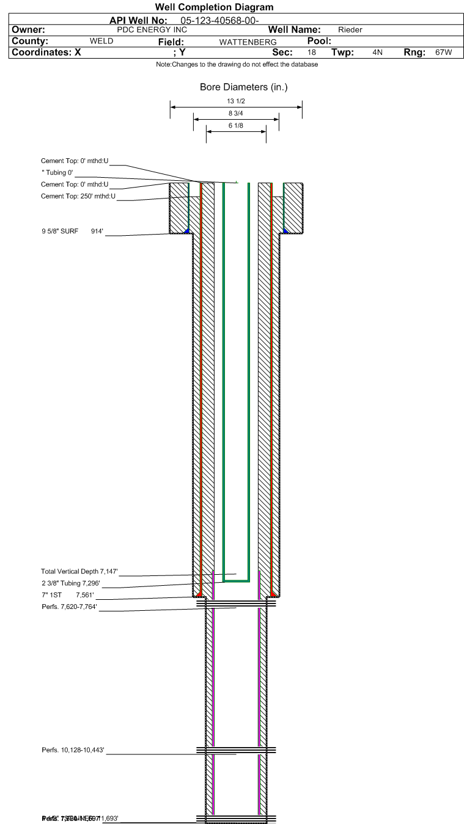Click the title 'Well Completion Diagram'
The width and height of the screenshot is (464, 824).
click(214, 7)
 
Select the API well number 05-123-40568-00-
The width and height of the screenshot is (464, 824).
click(224, 21)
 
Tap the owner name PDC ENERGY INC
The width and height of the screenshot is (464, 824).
click(152, 30)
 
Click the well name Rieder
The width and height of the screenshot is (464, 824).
click(350, 30)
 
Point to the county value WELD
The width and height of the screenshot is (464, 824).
click(101, 42)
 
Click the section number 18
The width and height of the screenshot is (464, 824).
click(312, 53)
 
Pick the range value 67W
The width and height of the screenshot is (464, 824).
click(443, 53)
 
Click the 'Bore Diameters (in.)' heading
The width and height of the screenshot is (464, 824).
click(243, 87)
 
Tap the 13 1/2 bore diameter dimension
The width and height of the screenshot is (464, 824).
click(236, 101)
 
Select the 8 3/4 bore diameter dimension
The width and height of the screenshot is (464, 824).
click(236, 113)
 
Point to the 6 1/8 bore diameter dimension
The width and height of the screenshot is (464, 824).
click(236, 125)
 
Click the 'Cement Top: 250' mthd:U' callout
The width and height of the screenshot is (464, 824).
click(78, 196)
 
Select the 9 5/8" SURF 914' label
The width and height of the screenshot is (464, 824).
click(71, 232)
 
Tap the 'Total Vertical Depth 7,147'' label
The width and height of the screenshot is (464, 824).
click(78, 572)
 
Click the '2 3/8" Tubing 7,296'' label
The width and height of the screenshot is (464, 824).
click(70, 583)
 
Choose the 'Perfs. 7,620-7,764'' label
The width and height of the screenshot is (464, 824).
click(68, 607)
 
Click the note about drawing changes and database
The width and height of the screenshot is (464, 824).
click(237, 64)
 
